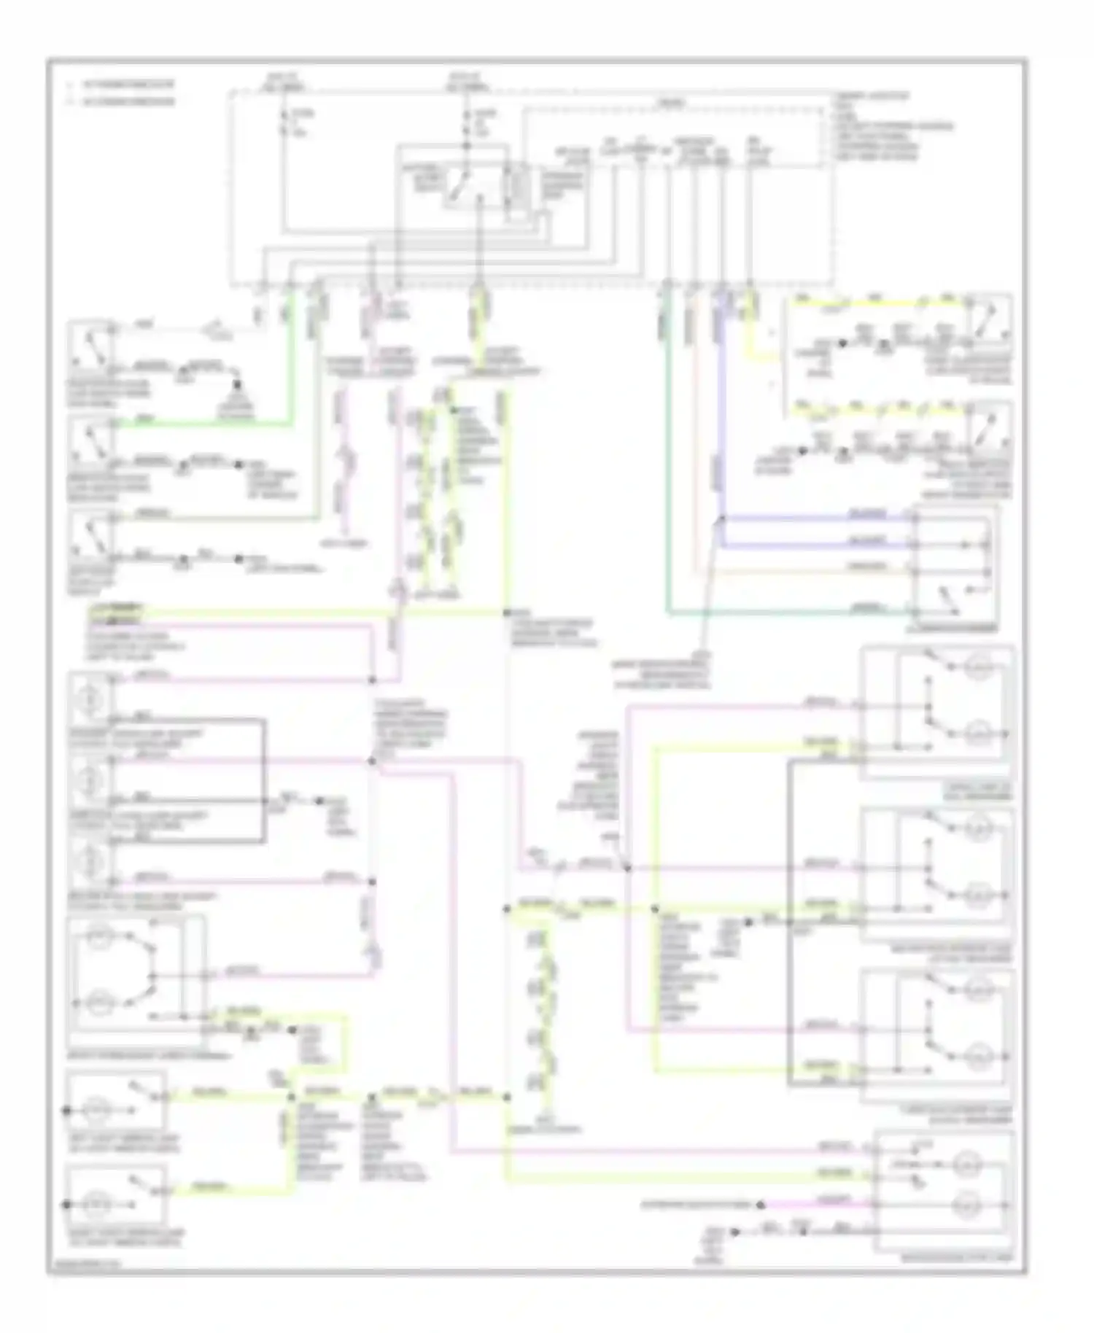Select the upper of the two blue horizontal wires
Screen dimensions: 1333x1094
[x=817, y=518]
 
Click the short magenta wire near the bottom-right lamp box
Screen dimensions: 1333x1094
[x=817, y=1204]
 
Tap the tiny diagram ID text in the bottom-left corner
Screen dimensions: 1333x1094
[x=80, y=1270]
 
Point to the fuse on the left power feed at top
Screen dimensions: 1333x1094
[x=284, y=123]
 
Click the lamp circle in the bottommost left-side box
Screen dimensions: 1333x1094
[x=96, y=1204]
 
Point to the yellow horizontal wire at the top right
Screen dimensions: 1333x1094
[x=875, y=303]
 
